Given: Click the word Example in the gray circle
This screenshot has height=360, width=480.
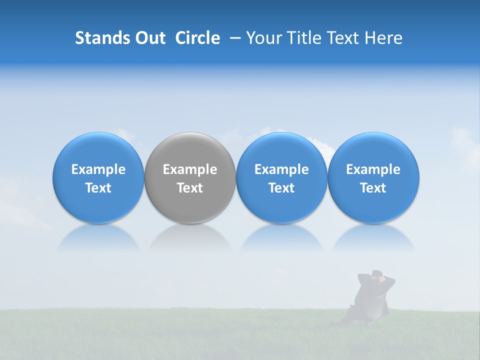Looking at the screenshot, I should pos(190,169).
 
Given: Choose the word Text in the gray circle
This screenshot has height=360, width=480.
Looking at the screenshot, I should pos(190,188).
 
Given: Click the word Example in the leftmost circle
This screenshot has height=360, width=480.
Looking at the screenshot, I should pos(98,169).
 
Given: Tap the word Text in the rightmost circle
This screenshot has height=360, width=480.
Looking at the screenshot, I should pos(373,188).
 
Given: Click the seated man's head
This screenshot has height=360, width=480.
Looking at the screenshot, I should pos(378,274).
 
